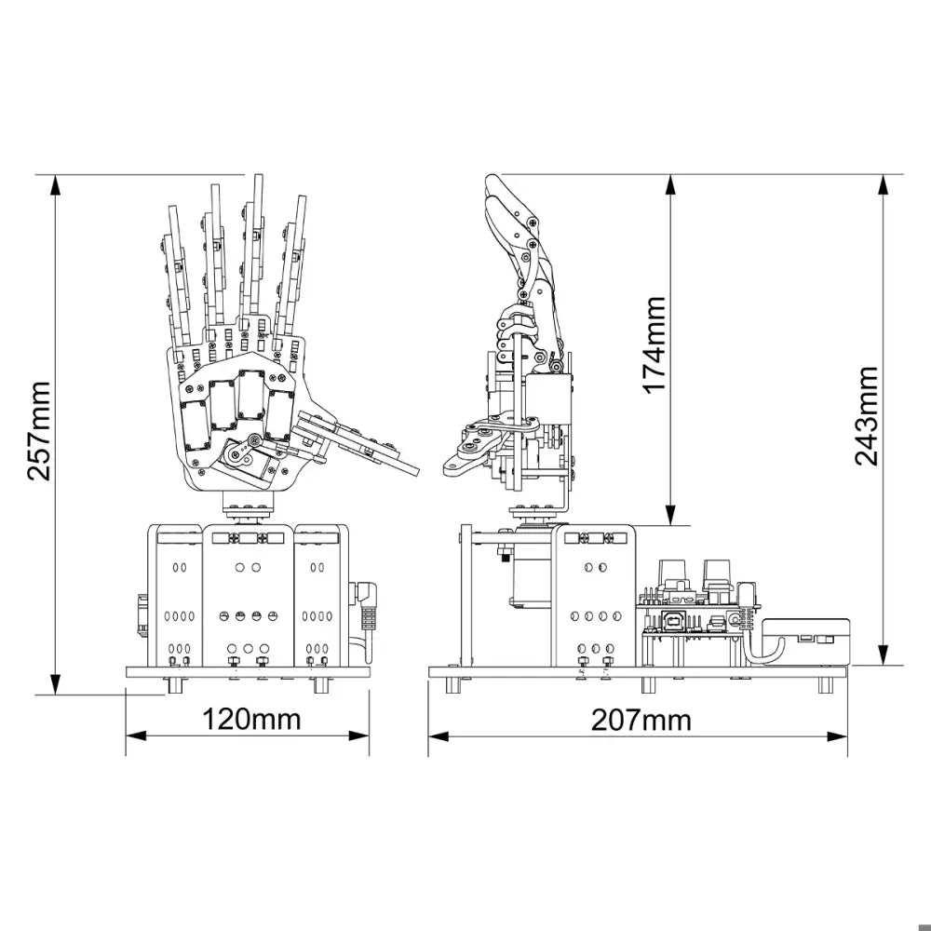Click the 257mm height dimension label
click(x=40, y=431)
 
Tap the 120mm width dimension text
click(x=251, y=719)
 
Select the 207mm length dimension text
click(x=641, y=721)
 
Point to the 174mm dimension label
click(x=654, y=344)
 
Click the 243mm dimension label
click(x=866, y=415)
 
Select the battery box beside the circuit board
click(x=805, y=641)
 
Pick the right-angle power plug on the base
click(x=365, y=612)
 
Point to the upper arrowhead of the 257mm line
click(x=55, y=184)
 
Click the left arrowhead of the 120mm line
click(x=136, y=735)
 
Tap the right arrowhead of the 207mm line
click(x=837, y=736)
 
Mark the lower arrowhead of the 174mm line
click(x=670, y=515)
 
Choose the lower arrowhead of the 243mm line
click(x=884, y=655)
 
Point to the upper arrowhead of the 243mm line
click(x=884, y=184)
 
